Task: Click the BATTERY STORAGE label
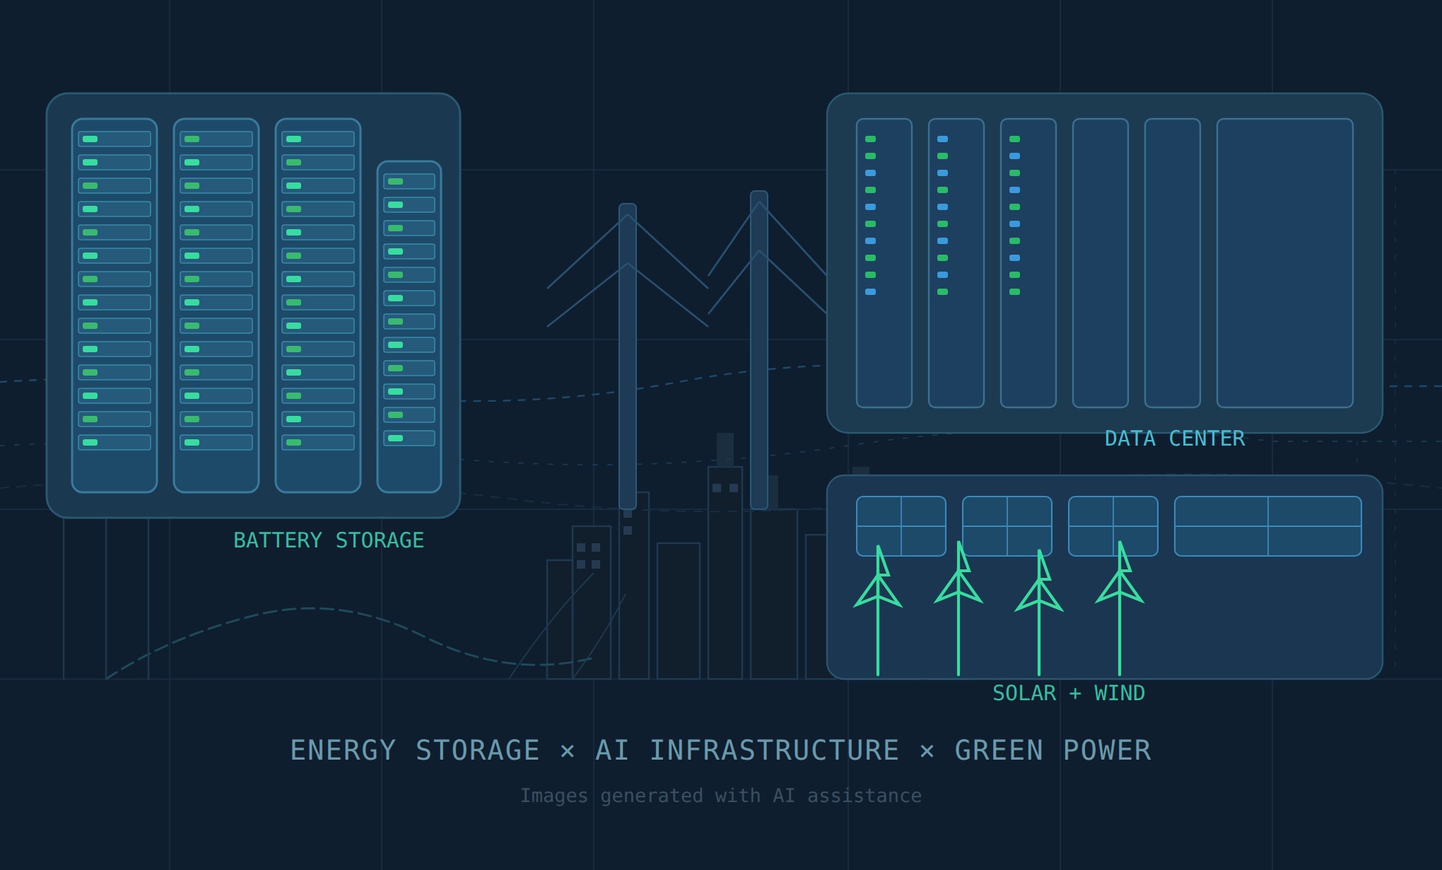tap(329, 540)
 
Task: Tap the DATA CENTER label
tap(1175, 439)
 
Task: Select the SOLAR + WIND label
tap(1069, 693)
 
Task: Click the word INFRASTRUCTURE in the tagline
tap(774, 750)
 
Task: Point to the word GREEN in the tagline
tap(999, 750)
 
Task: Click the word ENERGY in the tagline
tap(343, 750)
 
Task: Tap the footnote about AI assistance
tap(721, 796)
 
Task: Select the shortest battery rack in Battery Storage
tap(409, 327)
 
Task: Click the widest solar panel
tap(1268, 526)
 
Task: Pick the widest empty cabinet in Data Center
tap(1285, 263)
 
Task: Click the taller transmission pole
tap(759, 350)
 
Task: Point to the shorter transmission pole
tap(628, 356)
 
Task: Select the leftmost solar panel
tap(901, 526)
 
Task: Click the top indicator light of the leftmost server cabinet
tap(871, 139)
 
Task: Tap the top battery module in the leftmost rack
tap(115, 139)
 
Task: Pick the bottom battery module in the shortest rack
tap(409, 439)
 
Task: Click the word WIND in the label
tap(1120, 693)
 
